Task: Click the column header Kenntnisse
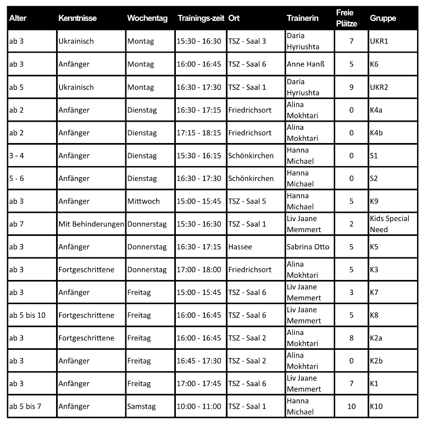[x=77, y=18]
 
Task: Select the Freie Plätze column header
[x=346, y=18]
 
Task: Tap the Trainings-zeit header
[x=201, y=18]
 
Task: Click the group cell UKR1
[x=379, y=41]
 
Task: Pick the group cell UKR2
[x=379, y=87]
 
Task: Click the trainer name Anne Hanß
[x=306, y=64]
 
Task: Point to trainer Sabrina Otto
[x=308, y=246]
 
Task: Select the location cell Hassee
[x=240, y=246]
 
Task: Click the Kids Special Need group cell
[x=390, y=224]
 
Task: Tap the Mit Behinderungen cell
[x=91, y=224]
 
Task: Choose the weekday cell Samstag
[x=141, y=406]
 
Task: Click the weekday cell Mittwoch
[x=143, y=201]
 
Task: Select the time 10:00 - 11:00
[x=199, y=406]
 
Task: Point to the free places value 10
[x=351, y=406]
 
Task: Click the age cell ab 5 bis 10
[x=27, y=315]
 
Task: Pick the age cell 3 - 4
[x=16, y=155]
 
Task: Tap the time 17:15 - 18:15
[x=199, y=133]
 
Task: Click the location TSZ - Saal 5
[x=247, y=201]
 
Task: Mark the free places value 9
[x=351, y=87]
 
